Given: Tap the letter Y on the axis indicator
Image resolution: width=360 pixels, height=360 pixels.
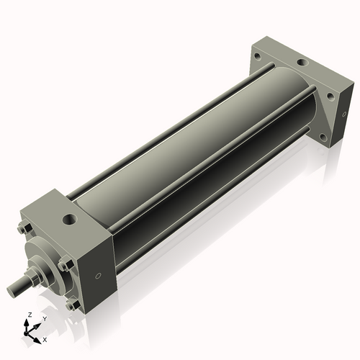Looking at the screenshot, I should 44,318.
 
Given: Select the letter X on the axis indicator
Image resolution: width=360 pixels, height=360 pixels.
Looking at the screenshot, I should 45,338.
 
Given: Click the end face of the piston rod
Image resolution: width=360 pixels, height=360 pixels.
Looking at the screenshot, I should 12,290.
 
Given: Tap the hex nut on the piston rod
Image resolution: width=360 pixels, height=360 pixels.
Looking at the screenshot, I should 33,278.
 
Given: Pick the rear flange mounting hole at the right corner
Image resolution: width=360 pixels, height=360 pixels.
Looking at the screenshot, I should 330,96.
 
